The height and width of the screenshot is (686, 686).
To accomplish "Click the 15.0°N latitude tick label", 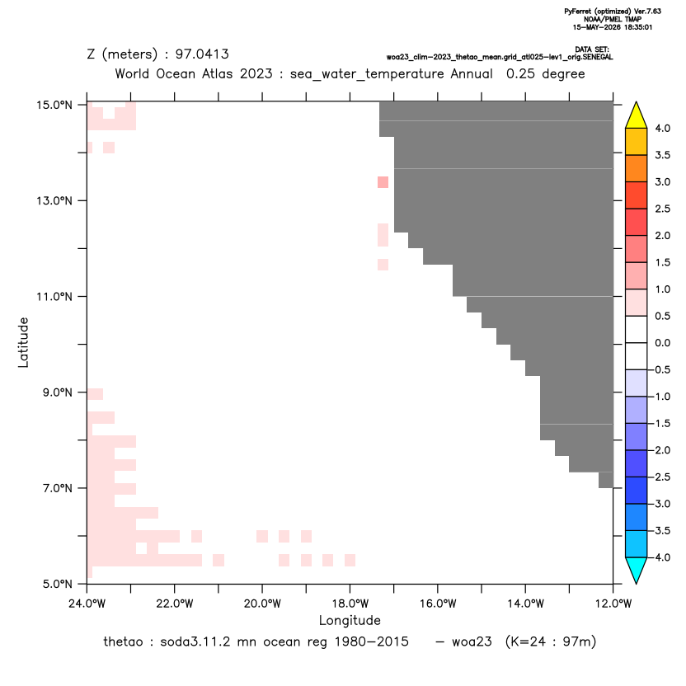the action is tap(54, 105).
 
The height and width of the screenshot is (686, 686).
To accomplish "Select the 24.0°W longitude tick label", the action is tap(87, 604).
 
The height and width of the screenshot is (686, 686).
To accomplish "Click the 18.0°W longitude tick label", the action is tap(350, 604).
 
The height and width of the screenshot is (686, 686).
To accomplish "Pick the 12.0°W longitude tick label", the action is tap(613, 604).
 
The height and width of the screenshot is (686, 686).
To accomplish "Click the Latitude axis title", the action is tap(23, 342).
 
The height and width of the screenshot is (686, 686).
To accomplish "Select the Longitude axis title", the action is tap(350, 620).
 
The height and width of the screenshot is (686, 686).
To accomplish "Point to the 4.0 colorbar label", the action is tap(662, 128).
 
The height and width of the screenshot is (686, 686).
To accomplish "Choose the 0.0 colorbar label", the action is tap(662, 343).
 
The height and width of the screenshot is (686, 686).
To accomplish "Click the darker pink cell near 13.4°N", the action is tap(383, 182).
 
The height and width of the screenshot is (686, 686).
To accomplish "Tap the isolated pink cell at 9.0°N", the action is tap(96, 394).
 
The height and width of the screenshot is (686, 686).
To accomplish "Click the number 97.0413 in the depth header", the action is tap(202, 54).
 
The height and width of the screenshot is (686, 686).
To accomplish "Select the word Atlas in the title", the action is tap(218, 73).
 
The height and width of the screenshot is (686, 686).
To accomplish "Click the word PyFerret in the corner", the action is tap(579, 12).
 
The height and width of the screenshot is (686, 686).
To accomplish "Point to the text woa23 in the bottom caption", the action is tap(472, 641).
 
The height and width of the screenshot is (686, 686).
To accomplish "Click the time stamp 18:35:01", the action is tap(638, 27).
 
